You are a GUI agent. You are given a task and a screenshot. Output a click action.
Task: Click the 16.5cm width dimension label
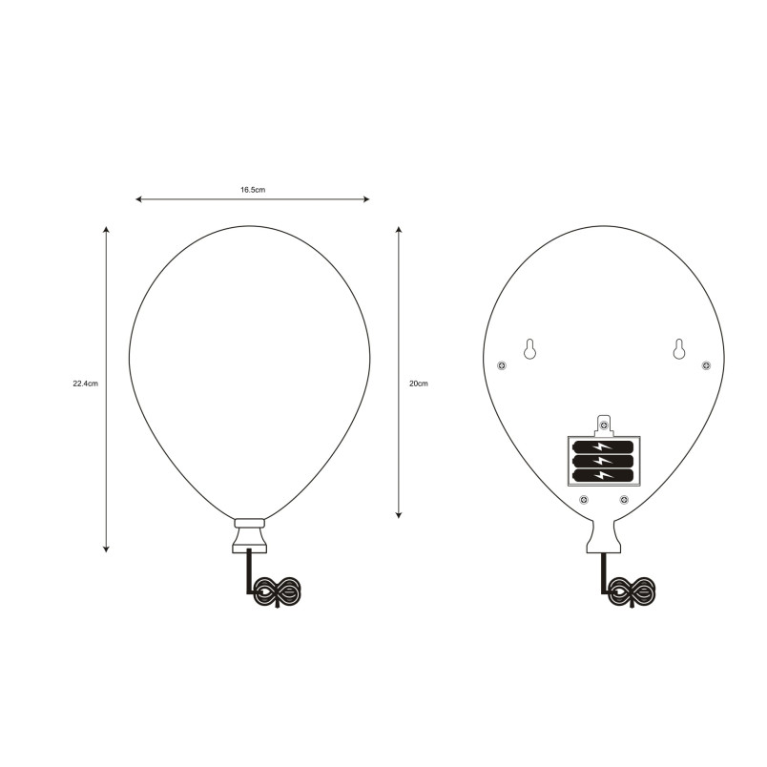pos(253,190)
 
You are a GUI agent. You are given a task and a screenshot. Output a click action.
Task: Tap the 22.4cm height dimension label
pos(86,383)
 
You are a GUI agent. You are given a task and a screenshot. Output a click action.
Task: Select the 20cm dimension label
pos(418,383)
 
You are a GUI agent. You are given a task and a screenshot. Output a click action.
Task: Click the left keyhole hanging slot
pos(529,349)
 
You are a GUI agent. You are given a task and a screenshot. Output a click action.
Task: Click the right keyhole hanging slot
pos(678,349)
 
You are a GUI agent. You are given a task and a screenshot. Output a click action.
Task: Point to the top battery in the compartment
pos(603,446)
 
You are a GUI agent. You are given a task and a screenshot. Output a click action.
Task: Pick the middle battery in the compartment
pos(603,461)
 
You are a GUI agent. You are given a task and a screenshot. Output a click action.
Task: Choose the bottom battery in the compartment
pos(603,474)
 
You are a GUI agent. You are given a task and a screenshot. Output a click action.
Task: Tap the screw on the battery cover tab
pos(604,425)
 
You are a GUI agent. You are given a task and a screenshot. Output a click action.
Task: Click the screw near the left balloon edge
pos(502,365)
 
